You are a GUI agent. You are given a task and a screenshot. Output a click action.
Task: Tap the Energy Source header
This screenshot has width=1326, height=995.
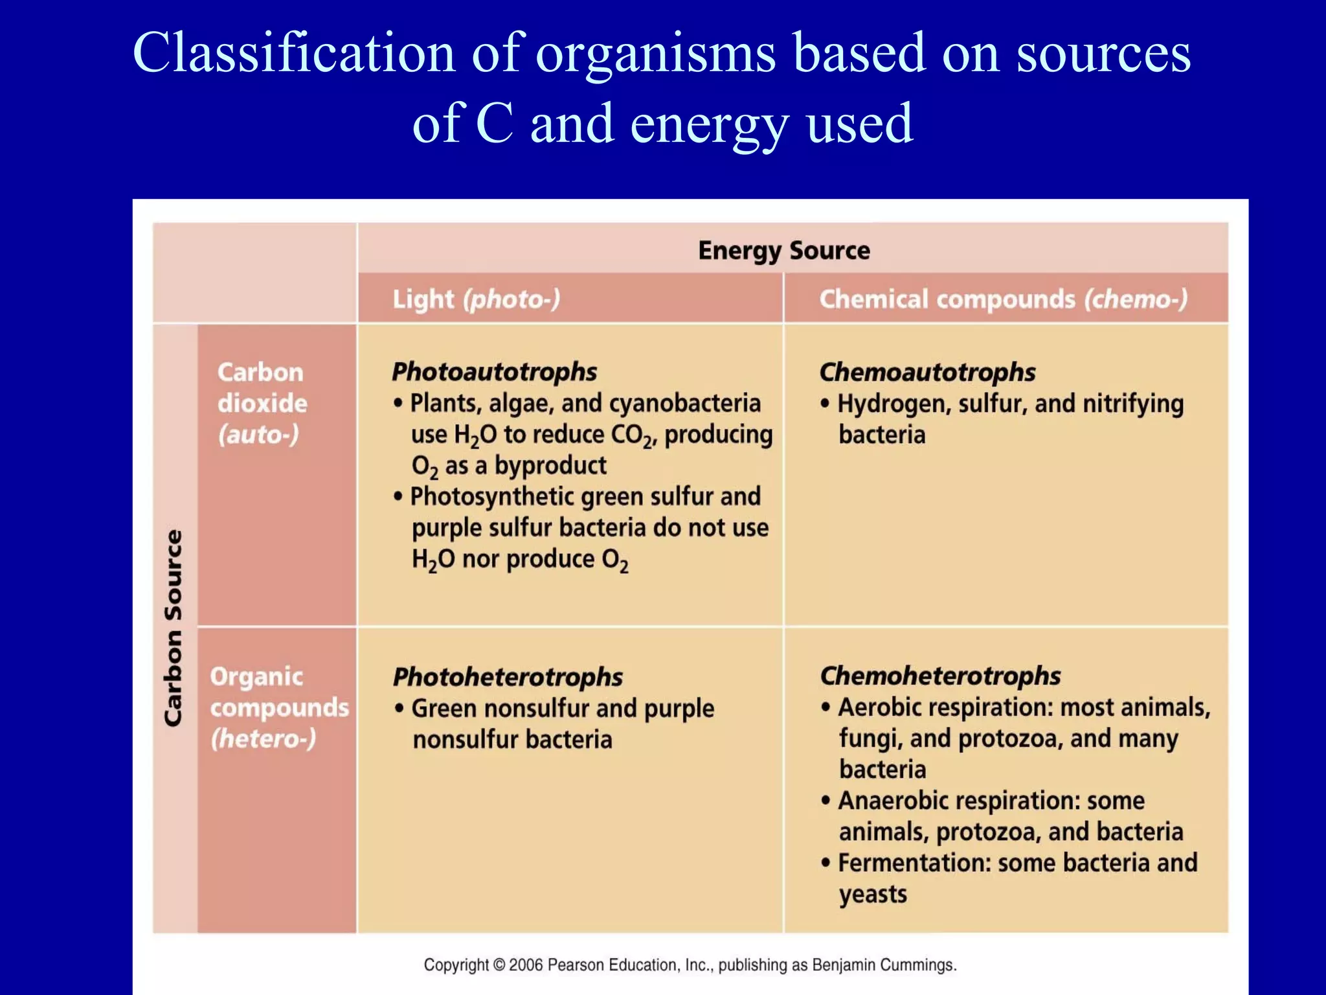(783, 251)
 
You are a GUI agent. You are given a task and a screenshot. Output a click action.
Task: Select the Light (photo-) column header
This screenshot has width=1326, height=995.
(476, 299)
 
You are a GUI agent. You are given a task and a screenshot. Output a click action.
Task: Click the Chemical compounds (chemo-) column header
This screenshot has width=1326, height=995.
(1003, 299)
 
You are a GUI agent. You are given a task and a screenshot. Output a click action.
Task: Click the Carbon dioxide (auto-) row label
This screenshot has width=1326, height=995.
(262, 403)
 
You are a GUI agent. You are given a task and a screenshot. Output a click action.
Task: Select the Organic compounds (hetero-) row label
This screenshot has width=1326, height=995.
(278, 707)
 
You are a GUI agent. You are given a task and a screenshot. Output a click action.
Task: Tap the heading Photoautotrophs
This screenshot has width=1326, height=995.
(494, 372)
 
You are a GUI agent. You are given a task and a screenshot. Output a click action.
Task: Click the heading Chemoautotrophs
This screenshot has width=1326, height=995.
(927, 372)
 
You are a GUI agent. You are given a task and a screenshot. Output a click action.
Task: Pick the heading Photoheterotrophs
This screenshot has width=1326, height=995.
(508, 677)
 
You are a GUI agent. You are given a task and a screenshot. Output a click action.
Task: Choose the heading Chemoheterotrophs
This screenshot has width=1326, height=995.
(940, 676)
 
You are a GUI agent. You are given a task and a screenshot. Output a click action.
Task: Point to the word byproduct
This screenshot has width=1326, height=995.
(550, 465)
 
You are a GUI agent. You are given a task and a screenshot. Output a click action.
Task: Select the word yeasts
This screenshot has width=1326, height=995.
(873, 895)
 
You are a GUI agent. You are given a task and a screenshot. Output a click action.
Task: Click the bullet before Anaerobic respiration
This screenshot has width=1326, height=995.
(825, 801)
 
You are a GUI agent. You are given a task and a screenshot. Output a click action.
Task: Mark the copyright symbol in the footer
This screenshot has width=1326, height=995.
(499, 965)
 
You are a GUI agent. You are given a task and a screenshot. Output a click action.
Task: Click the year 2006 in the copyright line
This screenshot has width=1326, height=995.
(526, 965)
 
